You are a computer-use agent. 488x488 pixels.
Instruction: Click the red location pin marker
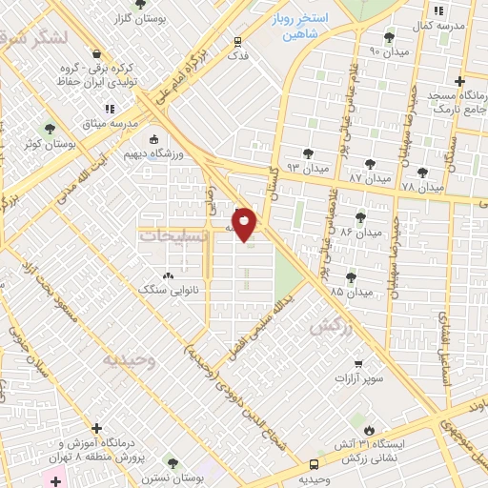click(x=245, y=225)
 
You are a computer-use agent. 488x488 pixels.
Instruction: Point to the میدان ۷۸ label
click(x=423, y=187)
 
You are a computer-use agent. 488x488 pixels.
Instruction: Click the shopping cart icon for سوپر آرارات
click(x=357, y=363)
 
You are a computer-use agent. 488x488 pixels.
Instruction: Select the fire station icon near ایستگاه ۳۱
click(x=371, y=429)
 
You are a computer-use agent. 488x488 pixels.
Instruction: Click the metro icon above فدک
click(x=237, y=41)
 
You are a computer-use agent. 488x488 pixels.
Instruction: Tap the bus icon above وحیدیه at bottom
click(x=314, y=465)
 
